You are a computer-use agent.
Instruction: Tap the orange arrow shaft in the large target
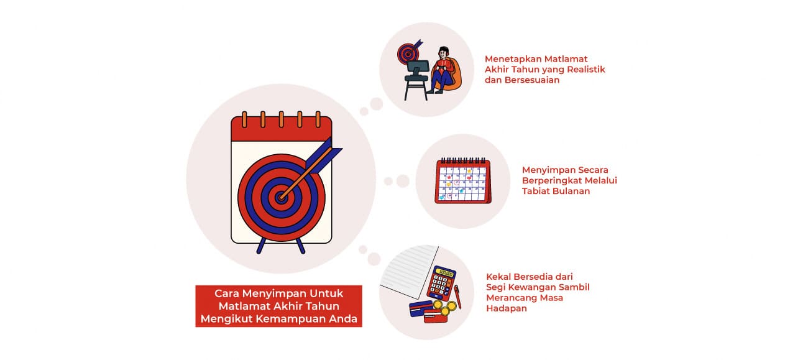point(305,176)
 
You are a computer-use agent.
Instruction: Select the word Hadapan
point(506,308)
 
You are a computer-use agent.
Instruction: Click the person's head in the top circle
point(443,52)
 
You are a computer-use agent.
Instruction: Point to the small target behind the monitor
point(408,53)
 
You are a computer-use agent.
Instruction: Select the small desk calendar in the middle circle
point(462,181)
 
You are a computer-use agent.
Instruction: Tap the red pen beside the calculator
point(457,297)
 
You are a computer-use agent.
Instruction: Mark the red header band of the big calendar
point(281,129)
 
